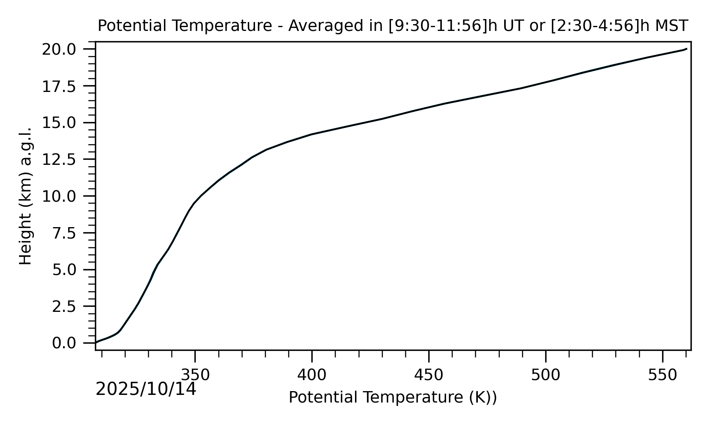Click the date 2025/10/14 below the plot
pos(146,389)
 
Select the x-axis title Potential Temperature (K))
pos(393,397)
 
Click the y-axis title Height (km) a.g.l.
pos(26,196)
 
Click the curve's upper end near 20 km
pos(686,49)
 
